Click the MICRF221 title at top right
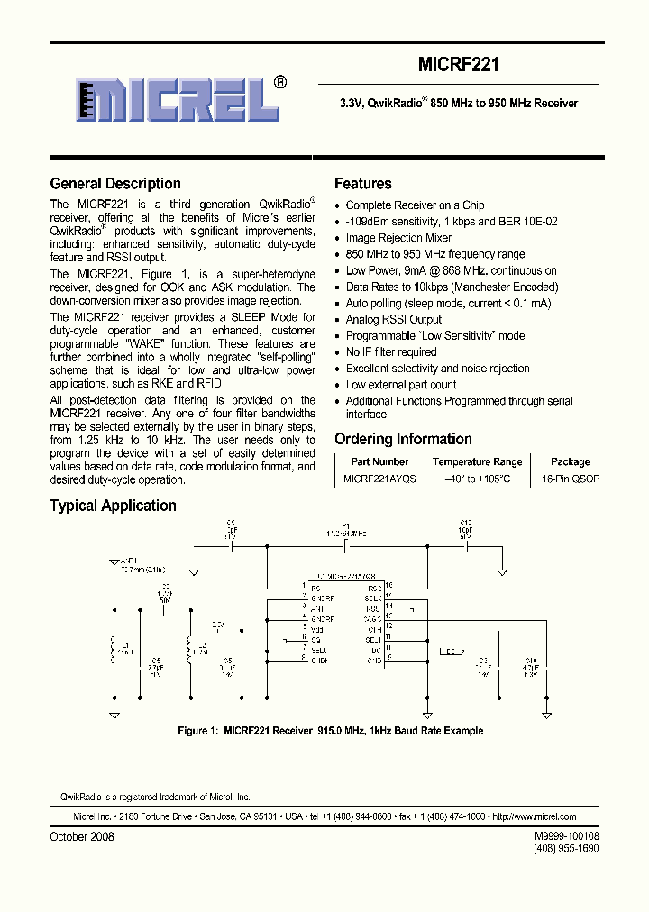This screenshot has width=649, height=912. [x=459, y=66]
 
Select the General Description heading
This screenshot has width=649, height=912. [x=115, y=184]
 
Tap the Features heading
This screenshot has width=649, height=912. [x=362, y=184]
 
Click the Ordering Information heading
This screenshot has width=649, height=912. [x=403, y=439]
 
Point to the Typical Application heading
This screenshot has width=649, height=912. [x=113, y=506]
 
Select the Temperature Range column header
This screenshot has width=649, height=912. [x=477, y=461]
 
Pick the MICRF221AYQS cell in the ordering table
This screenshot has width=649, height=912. [x=379, y=479]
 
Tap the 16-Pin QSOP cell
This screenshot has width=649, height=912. [x=570, y=479]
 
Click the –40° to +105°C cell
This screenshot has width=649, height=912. [x=477, y=479]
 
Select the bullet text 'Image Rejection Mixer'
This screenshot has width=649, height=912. [x=398, y=238]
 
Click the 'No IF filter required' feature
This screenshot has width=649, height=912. [x=391, y=352]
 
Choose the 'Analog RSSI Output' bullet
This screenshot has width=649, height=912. [x=394, y=319]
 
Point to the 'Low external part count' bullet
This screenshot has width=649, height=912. [x=401, y=385]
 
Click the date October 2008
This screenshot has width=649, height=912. [x=82, y=836]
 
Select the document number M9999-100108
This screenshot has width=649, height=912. [x=566, y=836]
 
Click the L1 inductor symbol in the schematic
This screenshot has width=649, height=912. [x=114, y=646]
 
